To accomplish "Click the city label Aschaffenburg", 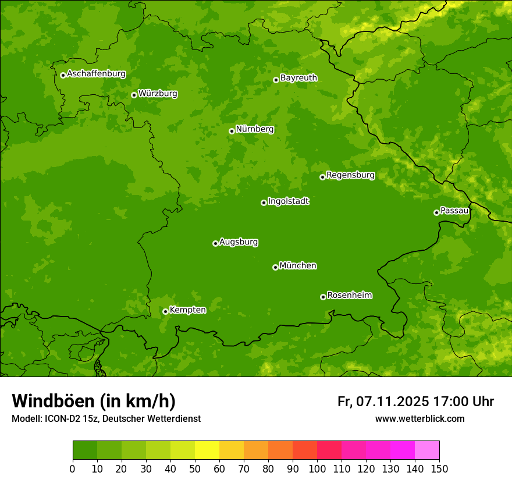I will click(96, 74).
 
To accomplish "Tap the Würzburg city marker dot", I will click(134, 95).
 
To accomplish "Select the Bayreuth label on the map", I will click(298, 78).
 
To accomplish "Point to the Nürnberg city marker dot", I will click(232, 131).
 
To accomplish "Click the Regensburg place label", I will click(350, 175).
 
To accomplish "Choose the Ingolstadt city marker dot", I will click(264, 203).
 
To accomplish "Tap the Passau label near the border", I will click(454, 211).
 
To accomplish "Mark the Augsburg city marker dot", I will click(215, 243).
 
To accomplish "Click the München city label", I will click(298, 266).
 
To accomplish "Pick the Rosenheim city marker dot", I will click(323, 297).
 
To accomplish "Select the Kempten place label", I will click(187, 310).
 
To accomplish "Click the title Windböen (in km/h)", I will click(93, 401).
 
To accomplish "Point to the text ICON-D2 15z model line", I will click(106, 419).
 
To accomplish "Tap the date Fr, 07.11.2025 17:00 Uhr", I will click(415, 402).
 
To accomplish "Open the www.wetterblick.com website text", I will click(419, 419).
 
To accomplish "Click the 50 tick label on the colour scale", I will click(195, 469).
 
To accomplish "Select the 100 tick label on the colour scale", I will click(317, 469).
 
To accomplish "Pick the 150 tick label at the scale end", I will click(439, 469).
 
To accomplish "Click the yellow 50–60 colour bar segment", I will click(207, 450).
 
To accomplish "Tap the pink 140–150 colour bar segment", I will click(427, 450).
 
